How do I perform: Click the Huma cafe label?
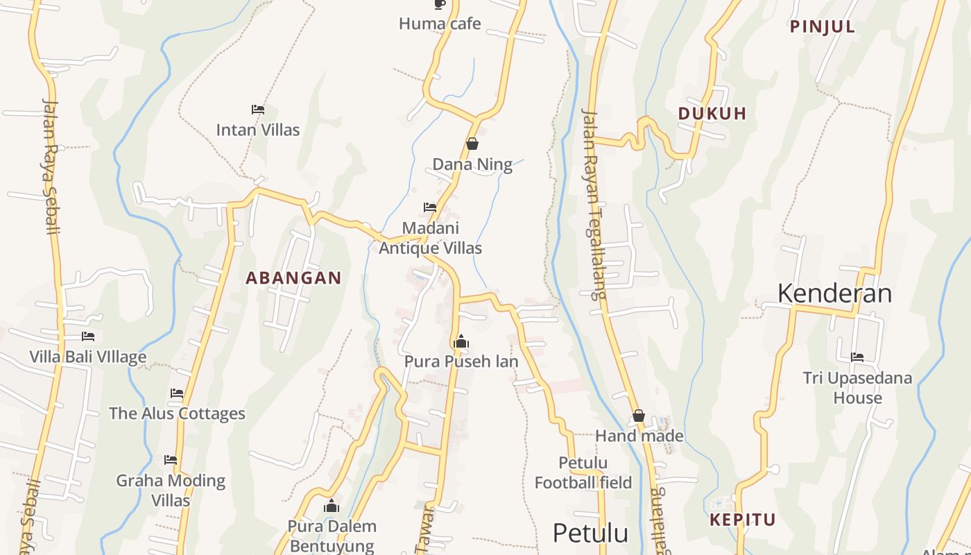click(440, 24)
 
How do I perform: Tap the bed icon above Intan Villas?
click(258, 110)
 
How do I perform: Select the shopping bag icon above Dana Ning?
click(472, 144)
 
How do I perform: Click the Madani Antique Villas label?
click(430, 238)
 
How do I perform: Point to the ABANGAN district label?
click(293, 278)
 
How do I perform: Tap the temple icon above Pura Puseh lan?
click(461, 341)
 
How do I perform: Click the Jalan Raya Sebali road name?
click(51, 166)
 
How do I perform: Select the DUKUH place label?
click(712, 114)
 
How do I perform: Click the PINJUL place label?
click(823, 27)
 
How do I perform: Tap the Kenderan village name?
click(834, 293)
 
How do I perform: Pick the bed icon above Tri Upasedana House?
click(857, 357)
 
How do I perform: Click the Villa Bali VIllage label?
click(87, 357)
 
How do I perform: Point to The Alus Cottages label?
click(177, 413)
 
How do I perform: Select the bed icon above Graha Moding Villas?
click(171, 460)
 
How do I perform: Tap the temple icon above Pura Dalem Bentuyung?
click(332, 506)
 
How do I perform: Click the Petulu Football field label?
click(583, 472)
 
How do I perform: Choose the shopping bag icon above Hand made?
click(639, 416)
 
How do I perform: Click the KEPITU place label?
click(742, 520)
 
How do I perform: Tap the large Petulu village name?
click(590, 533)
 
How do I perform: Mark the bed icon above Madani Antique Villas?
click(430, 207)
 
